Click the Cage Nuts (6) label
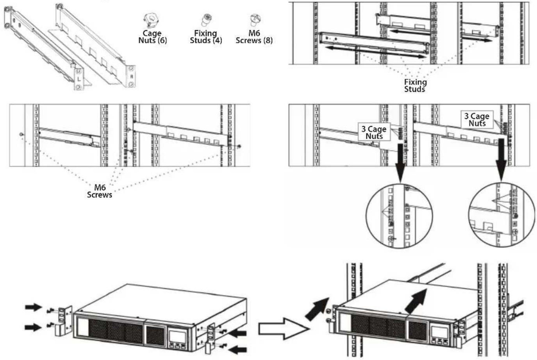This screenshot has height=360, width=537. point(152,37)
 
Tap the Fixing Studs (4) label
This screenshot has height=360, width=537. point(206,37)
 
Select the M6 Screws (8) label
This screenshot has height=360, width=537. point(254,37)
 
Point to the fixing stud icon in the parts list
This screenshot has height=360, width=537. point(206,20)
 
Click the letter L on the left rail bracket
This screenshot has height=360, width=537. point(79,78)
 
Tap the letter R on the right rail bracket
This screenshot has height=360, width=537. point(131,77)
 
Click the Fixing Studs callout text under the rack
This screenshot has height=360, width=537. point(415,86)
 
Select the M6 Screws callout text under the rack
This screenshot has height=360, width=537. point(100,191)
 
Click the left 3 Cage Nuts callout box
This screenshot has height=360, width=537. point(374,132)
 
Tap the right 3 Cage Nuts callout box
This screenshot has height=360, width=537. point(477,119)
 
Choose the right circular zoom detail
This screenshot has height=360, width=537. point(501,215)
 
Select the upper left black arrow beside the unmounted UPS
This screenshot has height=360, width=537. point(34,307)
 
